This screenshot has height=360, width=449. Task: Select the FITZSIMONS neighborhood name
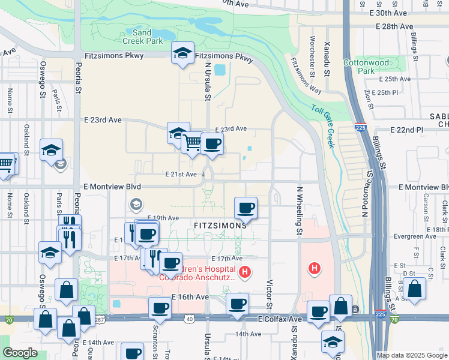(x=220, y=226)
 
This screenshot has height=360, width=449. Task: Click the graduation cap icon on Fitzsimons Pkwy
(x=182, y=53)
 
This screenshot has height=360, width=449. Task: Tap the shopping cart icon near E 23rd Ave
(x=192, y=143)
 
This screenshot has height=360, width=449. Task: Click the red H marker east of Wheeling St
(x=313, y=268)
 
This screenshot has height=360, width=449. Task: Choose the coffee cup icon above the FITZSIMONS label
(x=245, y=208)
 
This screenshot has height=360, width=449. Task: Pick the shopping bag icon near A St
(x=414, y=289)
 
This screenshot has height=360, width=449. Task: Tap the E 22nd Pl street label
(x=406, y=130)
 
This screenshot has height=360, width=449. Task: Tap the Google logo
(x=20, y=353)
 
